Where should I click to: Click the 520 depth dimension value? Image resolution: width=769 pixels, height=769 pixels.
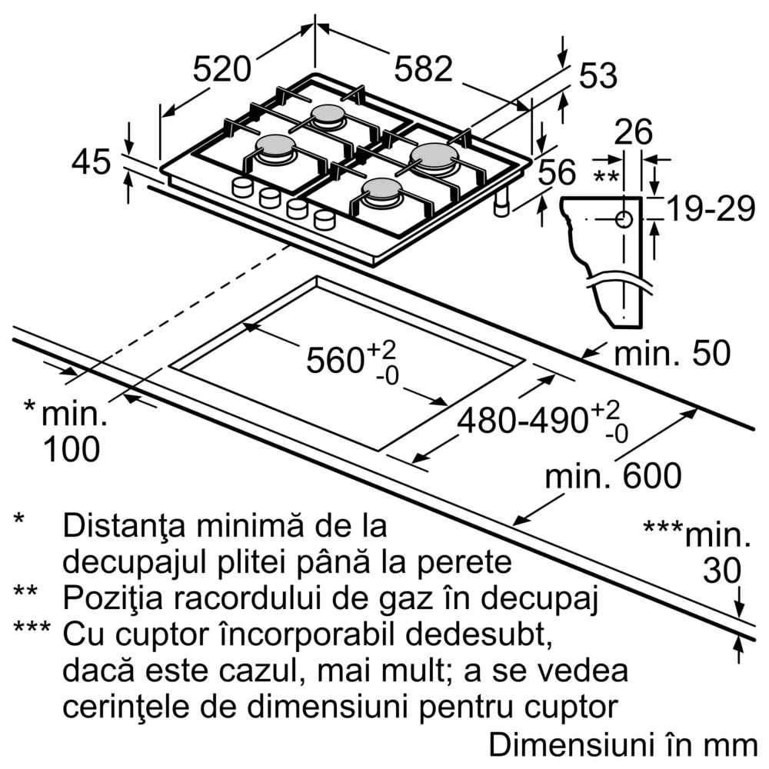coord(221,70)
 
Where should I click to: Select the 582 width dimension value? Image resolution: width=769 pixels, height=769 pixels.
coord(423,69)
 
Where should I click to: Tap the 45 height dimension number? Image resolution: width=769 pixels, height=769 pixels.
coord(92,162)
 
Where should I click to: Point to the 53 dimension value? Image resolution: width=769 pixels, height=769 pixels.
coord(598,77)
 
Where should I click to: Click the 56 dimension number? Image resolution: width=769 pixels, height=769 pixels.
coord(556,173)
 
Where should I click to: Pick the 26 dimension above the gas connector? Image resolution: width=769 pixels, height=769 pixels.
coord(633,132)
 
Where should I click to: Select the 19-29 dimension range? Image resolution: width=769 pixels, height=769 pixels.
coord(710,209)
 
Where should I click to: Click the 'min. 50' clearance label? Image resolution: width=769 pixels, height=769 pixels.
coord(671,354)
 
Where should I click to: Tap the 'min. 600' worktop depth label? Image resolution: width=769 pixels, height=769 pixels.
coord(613,476)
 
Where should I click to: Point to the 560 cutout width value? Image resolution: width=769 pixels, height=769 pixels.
coord(335,360)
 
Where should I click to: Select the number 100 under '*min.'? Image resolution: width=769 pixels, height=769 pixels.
coord(71,449)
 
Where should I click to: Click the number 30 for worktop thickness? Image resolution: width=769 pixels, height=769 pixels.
coord(722,571)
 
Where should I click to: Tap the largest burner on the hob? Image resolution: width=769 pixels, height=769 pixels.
coord(434,156)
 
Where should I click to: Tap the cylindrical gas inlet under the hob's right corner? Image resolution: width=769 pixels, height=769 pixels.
coord(502,205)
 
